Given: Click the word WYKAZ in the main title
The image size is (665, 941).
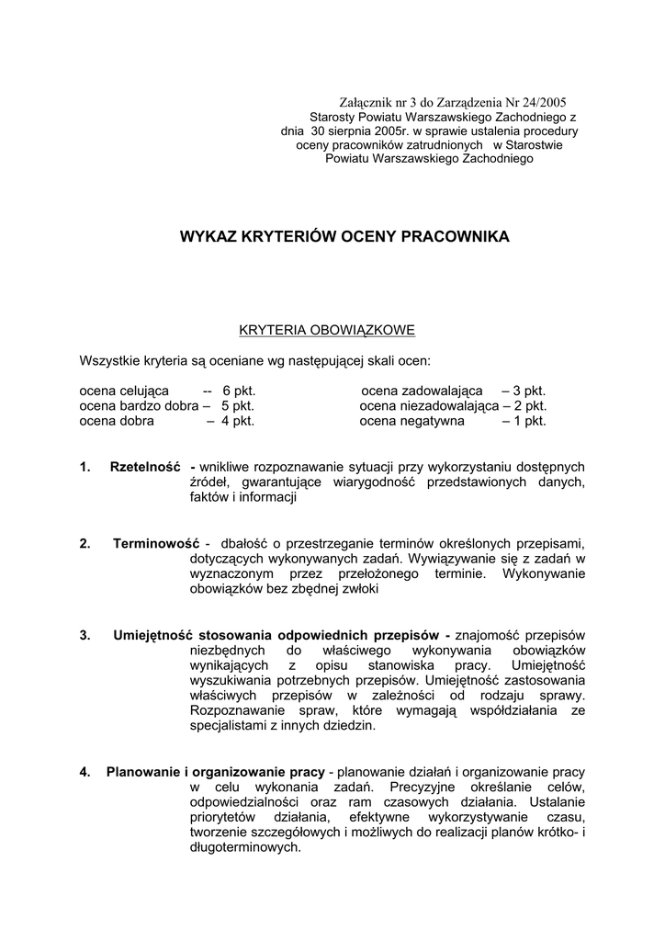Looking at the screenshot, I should tap(209, 237).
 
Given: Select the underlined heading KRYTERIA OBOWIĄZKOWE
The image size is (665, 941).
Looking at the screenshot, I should tap(328, 329).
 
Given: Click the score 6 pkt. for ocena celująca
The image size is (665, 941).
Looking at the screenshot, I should tap(238, 391).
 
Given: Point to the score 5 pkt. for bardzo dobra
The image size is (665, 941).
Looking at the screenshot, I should tap(237, 405).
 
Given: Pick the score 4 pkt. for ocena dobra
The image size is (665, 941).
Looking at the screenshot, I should tap(237, 421).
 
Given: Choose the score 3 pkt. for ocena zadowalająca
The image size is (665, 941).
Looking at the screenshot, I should tap(529, 391).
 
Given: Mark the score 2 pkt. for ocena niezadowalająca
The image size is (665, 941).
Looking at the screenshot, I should tap(529, 405).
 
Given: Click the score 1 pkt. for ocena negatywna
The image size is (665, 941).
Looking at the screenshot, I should tap(529, 421).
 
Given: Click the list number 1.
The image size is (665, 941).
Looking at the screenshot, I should tap(85, 467).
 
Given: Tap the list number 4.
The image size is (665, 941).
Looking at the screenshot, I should tap(85, 772).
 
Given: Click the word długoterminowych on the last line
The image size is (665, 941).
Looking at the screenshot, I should tap(244, 847).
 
